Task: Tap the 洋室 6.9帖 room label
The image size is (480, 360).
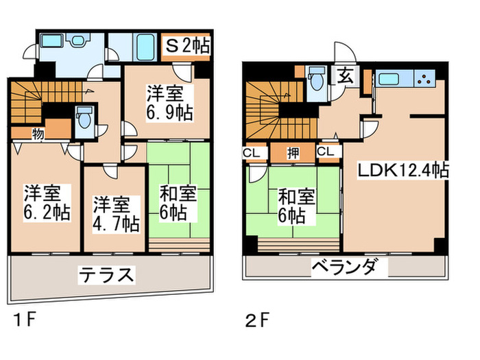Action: [x=168, y=102]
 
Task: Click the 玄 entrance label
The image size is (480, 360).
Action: [x=344, y=76]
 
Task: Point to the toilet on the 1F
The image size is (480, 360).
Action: [x=86, y=119]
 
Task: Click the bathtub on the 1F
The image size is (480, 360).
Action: [x=143, y=48]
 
